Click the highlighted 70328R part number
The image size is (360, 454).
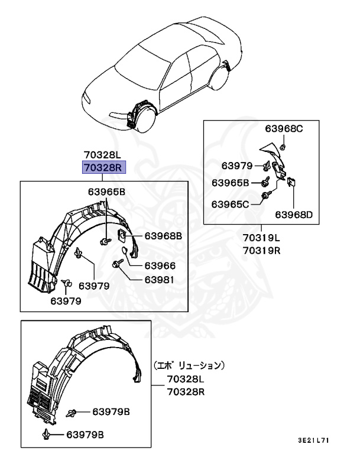click(x=103, y=167)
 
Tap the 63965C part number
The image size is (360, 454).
click(x=231, y=204)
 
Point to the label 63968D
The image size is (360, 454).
click(x=293, y=215)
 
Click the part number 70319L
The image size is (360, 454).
click(x=261, y=239)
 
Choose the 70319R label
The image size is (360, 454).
click(x=261, y=250)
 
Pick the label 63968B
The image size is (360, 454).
click(x=163, y=236)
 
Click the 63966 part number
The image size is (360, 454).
click(x=160, y=266)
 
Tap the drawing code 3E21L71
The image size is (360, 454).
click(x=313, y=441)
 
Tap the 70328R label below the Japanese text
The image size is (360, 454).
click(x=186, y=391)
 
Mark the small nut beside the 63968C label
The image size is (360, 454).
click(x=283, y=145)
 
